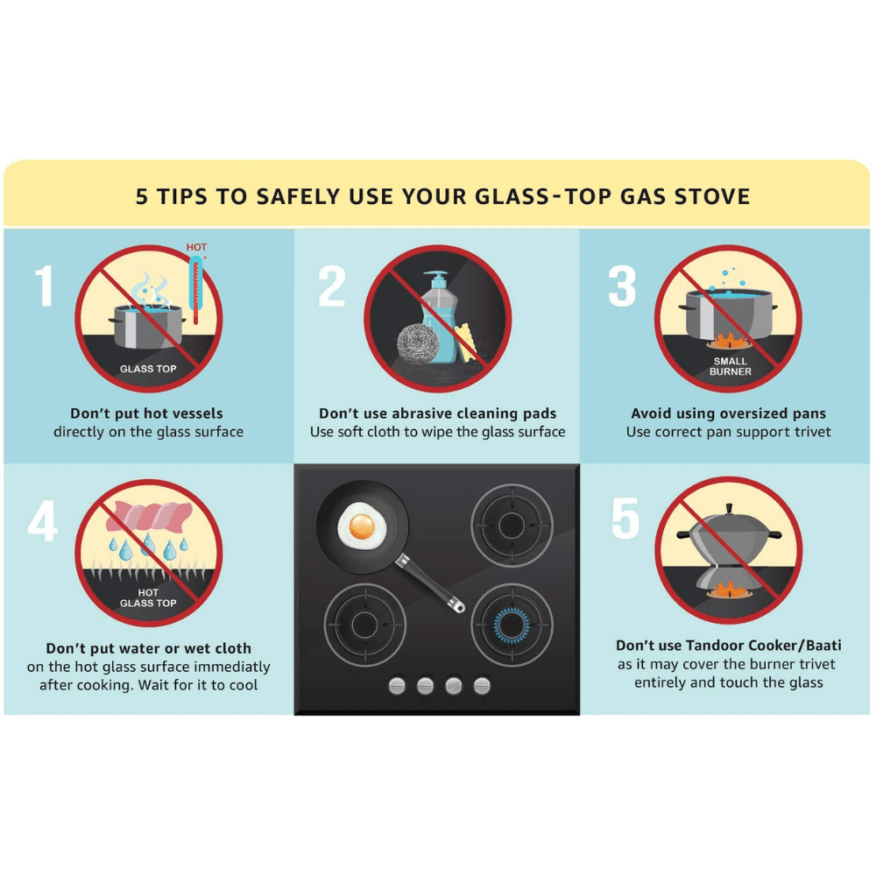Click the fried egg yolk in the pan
[362, 526]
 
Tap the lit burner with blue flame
[512, 625]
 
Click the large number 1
[46, 286]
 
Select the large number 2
[332, 286]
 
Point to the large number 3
[622, 286]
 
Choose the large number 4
[42, 520]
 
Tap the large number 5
[625, 519]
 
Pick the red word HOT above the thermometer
[196, 247]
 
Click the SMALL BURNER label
[731, 366]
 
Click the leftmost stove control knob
[397, 686]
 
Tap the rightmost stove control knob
[482, 686]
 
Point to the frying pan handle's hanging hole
[459, 605]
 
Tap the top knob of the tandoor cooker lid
[729, 508]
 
